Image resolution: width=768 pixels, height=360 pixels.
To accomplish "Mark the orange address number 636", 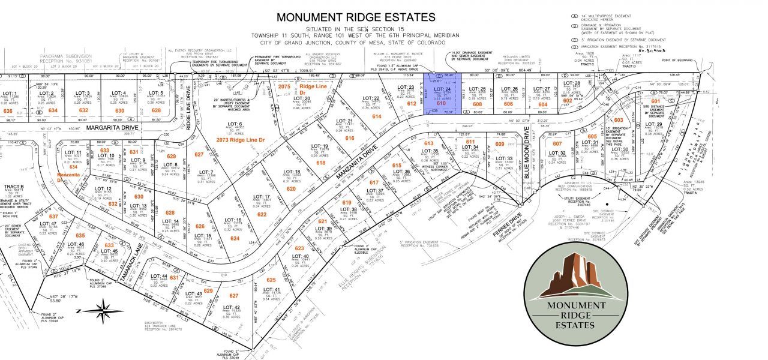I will pyautogui.click(x=8, y=111).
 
